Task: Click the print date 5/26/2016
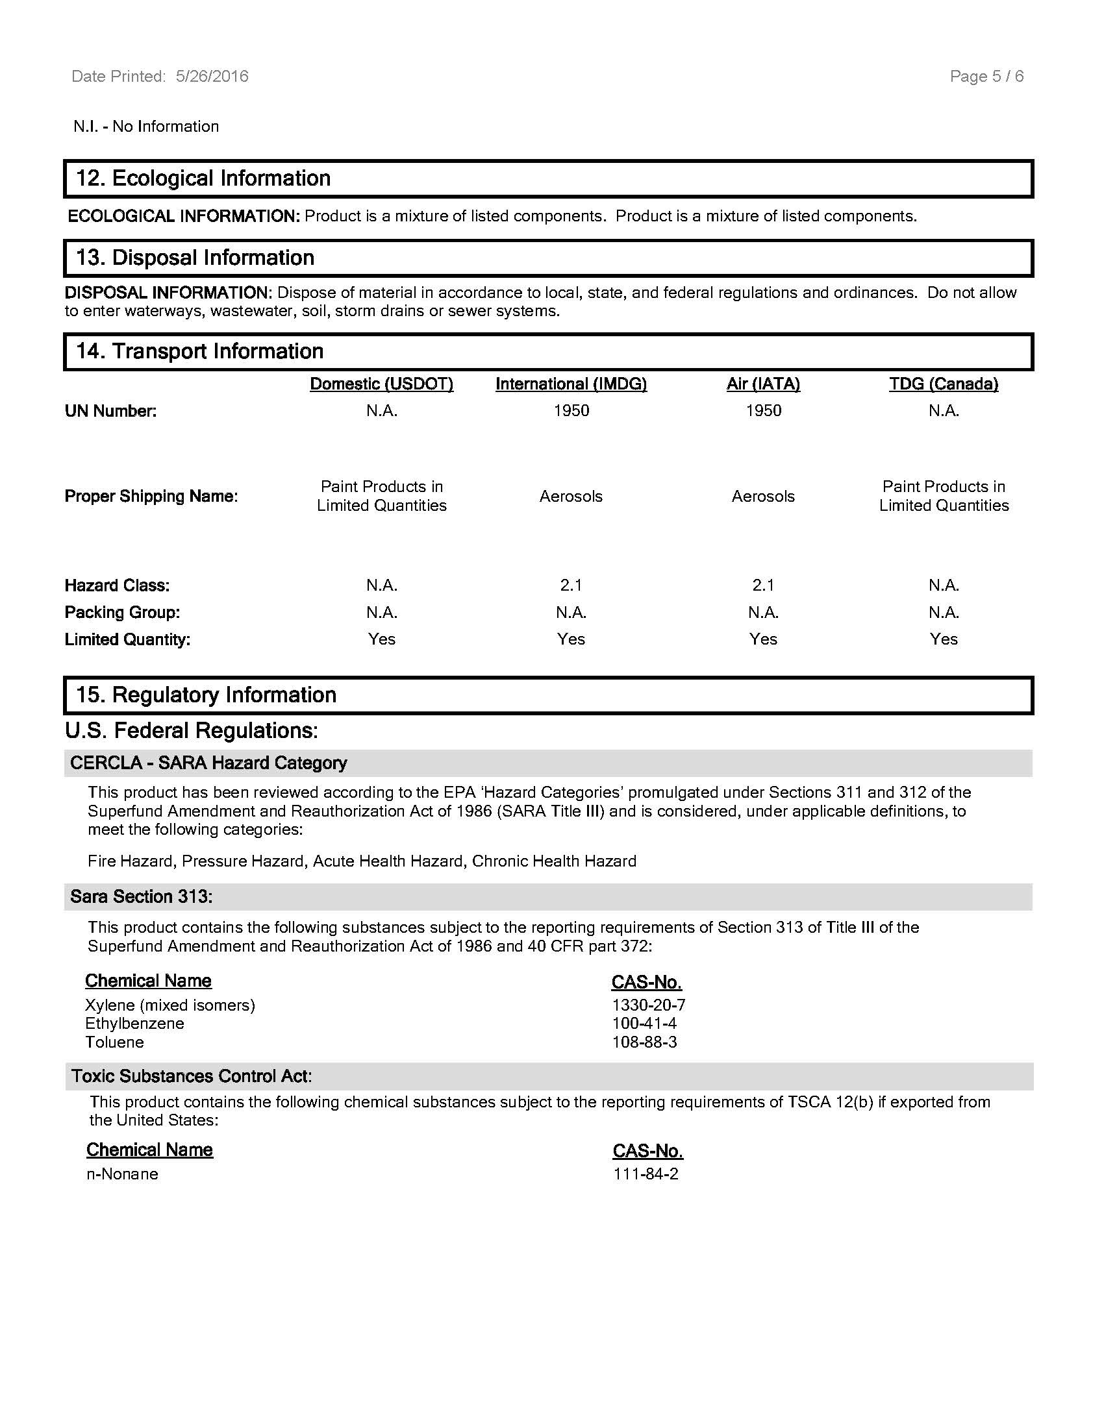point(212,77)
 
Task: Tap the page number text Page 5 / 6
point(986,77)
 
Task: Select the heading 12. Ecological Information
point(203,178)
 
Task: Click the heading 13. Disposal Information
point(195,258)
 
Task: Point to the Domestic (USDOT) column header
point(381,384)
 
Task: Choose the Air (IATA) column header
point(763,384)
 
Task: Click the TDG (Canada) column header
point(943,384)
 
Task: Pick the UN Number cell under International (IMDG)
point(571,411)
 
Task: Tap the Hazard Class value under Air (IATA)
point(763,585)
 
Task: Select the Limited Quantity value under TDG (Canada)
point(943,639)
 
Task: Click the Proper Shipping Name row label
point(151,497)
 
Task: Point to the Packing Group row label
point(122,613)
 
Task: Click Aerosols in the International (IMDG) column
point(571,497)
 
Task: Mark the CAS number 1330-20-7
point(648,1005)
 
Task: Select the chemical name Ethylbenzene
point(134,1023)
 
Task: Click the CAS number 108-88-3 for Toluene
point(644,1042)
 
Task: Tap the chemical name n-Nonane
point(122,1174)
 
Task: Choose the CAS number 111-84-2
point(646,1174)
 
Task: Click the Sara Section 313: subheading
point(142,896)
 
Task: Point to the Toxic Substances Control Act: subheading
point(192,1076)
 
